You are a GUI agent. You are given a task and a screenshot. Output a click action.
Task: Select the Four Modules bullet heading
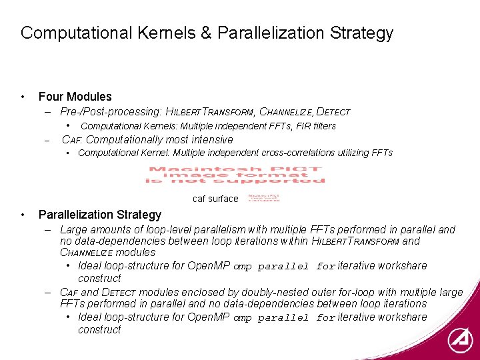point(75,97)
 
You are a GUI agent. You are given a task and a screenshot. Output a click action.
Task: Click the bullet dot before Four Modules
point(23,97)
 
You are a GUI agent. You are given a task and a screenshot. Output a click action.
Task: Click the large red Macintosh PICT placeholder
point(236,175)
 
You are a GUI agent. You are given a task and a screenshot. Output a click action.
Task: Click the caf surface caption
point(215,199)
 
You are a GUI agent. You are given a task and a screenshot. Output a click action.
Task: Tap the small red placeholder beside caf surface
point(264,198)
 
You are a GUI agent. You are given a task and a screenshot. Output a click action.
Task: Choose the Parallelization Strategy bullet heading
point(100,215)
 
